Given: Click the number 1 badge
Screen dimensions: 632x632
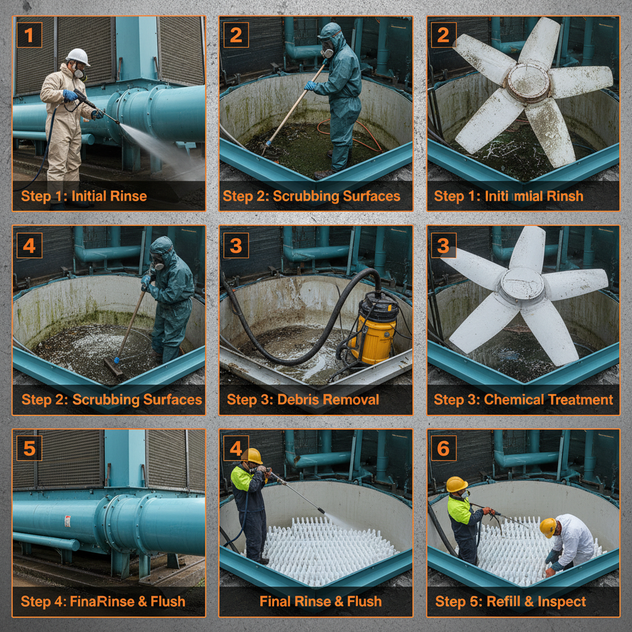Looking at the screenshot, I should pos(29,35).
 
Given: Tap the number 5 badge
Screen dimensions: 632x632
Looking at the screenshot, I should pos(29,448).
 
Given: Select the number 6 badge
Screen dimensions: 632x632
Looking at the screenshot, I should pos(443,448).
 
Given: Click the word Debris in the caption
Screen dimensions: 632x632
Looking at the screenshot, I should pos(296,399).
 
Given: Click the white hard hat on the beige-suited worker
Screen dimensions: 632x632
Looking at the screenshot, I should pos(78,56).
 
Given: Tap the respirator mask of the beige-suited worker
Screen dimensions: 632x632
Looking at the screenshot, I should pos(79,73).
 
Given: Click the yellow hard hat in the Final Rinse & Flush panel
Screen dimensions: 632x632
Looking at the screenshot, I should pos(251,455).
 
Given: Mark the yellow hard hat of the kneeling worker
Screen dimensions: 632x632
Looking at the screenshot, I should pos(548,526).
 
